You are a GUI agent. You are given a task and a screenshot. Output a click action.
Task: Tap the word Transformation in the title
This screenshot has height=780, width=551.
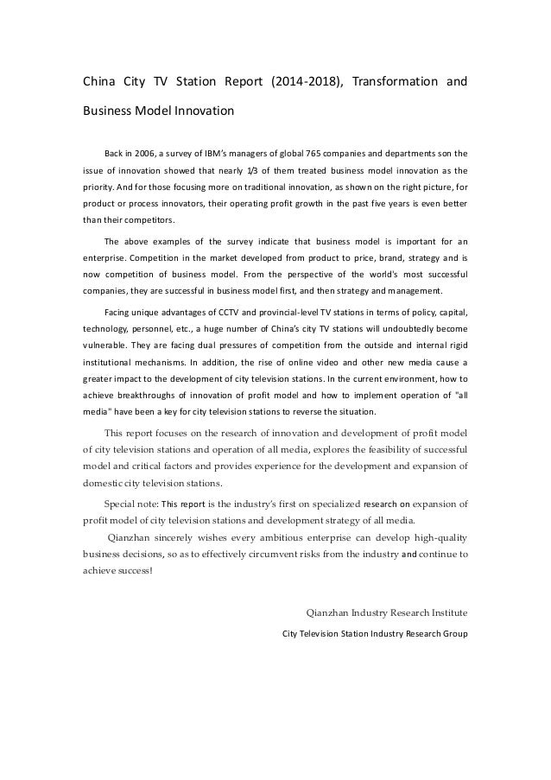pos(404,84)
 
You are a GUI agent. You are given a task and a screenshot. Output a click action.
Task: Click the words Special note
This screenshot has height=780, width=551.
pos(131,504)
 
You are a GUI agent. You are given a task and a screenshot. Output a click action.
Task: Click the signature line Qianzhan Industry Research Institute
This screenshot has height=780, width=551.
pos(388,613)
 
